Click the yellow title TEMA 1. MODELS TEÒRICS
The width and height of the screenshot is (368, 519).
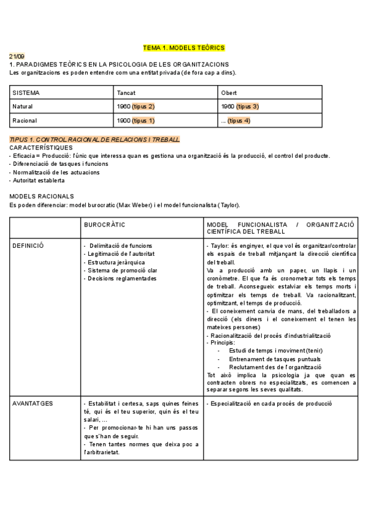[x=184, y=47]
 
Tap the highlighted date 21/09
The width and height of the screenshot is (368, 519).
[x=17, y=56]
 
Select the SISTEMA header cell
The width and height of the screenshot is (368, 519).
[x=26, y=93]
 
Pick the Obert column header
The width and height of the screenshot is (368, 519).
[x=228, y=93]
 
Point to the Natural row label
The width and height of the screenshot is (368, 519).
[x=23, y=106]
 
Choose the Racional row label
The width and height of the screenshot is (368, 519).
[x=25, y=121]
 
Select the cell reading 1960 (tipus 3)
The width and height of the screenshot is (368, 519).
[x=239, y=106]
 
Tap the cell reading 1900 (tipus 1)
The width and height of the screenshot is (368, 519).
[x=135, y=121]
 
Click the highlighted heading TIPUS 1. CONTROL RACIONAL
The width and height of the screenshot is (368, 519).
[x=94, y=140]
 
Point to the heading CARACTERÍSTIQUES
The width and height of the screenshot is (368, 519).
[x=41, y=147]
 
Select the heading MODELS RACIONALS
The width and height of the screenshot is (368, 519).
[x=42, y=196]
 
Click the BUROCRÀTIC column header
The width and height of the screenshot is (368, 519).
[x=104, y=225]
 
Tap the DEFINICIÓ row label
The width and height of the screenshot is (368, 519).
[x=28, y=245]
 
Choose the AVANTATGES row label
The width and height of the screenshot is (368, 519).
[x=33, y=387]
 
